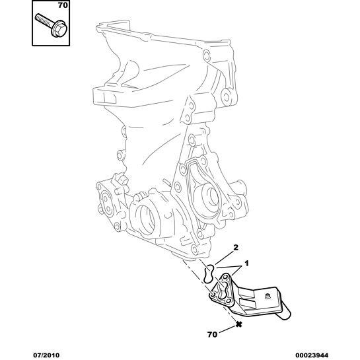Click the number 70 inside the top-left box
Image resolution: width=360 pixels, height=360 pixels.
(63, 5)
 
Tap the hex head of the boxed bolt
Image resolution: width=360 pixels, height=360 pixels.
(59, 28)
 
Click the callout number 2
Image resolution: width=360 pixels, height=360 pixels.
(236, 248)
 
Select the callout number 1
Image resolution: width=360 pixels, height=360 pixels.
(246, 264)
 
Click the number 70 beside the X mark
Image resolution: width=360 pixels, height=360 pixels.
(212, 334)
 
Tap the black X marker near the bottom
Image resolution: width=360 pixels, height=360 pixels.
(238, 324)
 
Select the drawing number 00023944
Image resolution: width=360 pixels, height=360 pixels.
(312, 355)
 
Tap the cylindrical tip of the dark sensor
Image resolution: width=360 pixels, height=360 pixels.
(285, 313)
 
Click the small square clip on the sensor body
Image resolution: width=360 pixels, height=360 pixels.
(267, 297)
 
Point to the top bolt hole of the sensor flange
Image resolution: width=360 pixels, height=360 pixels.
(226, 276)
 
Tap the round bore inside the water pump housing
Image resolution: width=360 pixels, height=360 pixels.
(210, 197)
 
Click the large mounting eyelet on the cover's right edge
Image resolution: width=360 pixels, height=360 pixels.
(227, 96)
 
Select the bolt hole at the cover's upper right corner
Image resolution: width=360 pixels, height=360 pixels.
(206, 55)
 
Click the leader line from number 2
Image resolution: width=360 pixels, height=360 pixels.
(225, 258)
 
